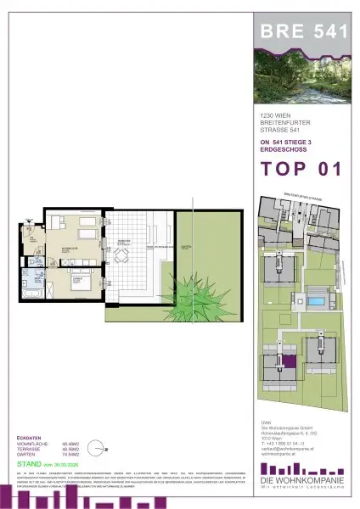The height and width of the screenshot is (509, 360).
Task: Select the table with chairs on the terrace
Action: (x=121, y=257)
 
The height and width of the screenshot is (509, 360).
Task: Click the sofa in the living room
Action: (x=85, y=230)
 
